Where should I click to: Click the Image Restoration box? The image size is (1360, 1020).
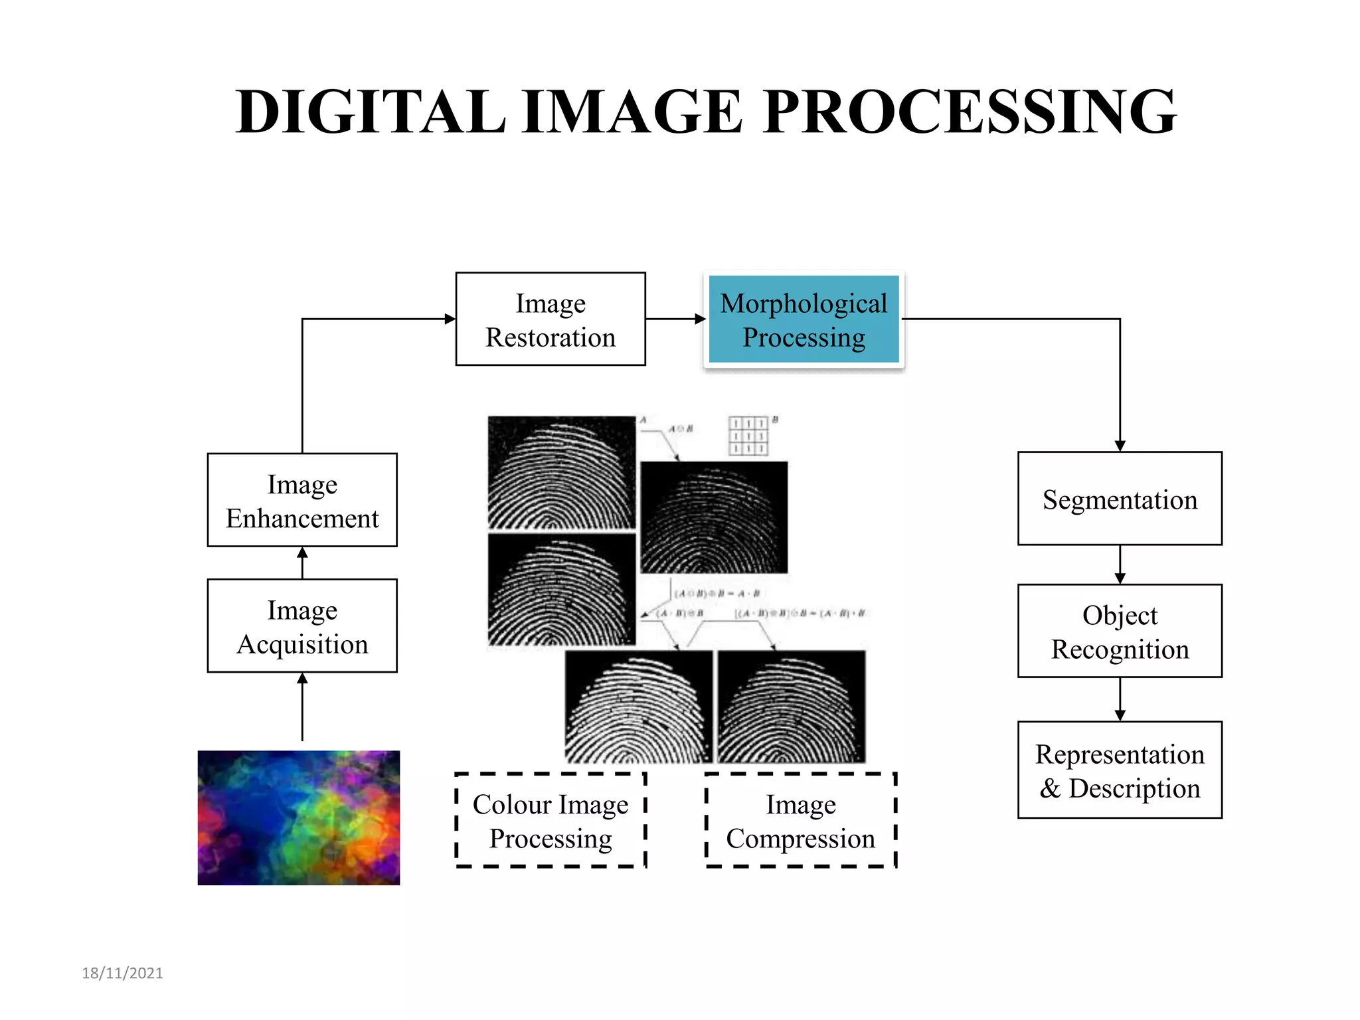(550, 319)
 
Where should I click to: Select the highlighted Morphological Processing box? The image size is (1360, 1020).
(804, 319)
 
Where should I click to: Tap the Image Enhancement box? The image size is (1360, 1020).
(302, 500)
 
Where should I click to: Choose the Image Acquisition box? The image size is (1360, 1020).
(302, 626)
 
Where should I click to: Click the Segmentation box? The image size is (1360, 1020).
(1120, 499)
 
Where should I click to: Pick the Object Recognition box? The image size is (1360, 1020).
(1120, 631)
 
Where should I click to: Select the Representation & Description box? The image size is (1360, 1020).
(1120, 770)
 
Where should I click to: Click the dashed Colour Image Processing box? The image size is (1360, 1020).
(551, 820)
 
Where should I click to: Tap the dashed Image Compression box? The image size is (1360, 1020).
(801, 820)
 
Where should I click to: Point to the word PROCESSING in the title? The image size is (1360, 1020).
(970, 112)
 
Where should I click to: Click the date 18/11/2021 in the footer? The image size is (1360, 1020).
(122, 973)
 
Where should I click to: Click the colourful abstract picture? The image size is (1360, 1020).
(299, 817)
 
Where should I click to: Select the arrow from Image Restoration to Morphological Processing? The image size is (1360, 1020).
(675, 319)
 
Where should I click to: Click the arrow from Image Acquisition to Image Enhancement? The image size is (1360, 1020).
(302, 562)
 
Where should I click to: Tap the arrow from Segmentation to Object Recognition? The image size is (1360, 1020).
(1120, 564)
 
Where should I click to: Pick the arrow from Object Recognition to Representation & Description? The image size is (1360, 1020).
(1120, 699)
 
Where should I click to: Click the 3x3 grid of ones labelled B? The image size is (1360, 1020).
(748, 436)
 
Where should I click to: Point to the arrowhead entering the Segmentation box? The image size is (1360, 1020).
(1120, 446)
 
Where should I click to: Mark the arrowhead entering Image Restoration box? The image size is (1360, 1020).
(450, 319)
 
